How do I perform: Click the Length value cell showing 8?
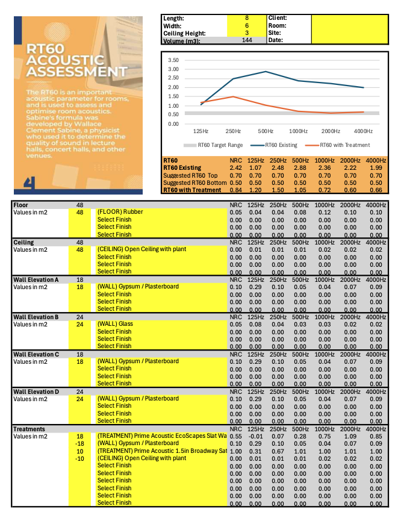pyautogui.click(x=246, y=19)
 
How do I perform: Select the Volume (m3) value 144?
pyautogui.click(x=246, y=41)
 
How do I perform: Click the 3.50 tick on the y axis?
pyautogui.click(x=173, y=60)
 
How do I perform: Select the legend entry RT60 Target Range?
pyautogui.click(x=217, y=145)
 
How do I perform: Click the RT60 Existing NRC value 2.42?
pyautogui.click(x=236, y=167)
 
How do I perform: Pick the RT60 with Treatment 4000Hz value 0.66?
pyautogui.click(x=376, y=190)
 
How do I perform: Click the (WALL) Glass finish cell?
pyautogui.click(x=115, y=324)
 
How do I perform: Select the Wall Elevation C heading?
pyautogui.click(x=36, y=354)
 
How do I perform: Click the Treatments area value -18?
pyautogui.click(x=79, y=443)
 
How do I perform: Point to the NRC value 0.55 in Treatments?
pyautogui.click(x=236, y=435)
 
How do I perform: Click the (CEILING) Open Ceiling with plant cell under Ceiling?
pyautogui.click(x=141, y=249)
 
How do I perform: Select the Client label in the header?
pyautogui.click(x=278, y=19)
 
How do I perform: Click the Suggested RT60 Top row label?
pyautogui.click(x=191, y=175)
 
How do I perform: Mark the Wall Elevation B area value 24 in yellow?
pyautogui.click(x=79, y=324)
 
